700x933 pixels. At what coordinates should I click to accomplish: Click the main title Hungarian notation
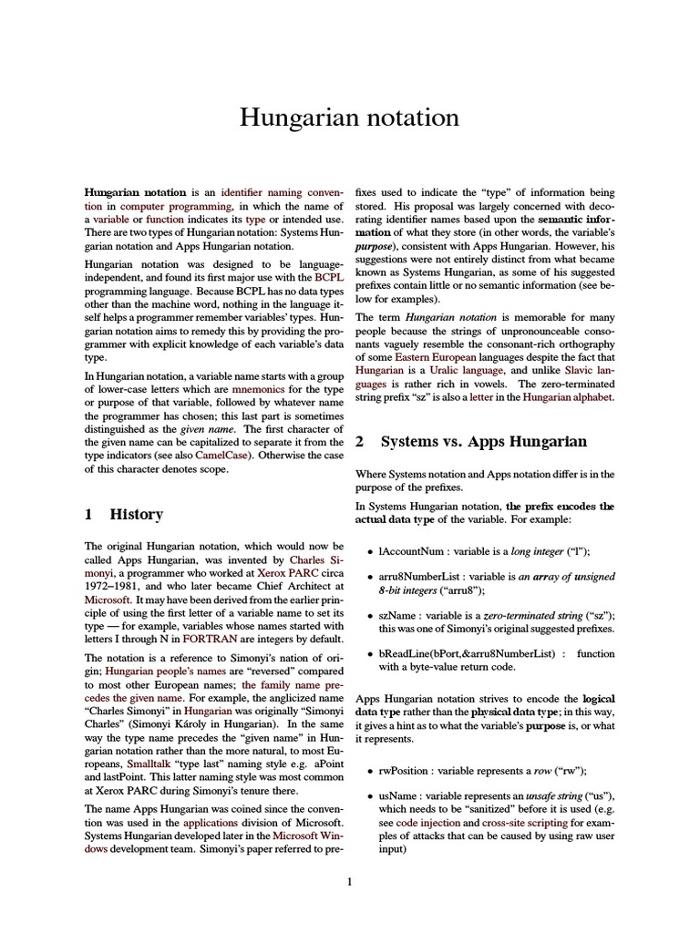(349, 118)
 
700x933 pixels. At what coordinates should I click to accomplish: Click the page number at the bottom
(349, 881)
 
